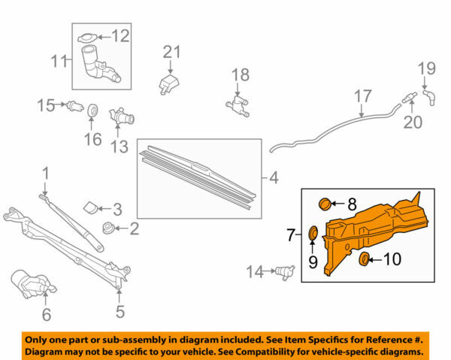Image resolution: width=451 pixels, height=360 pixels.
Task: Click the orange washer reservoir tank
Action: (376, 225)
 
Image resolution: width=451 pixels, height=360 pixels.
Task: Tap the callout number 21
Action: (173, 51)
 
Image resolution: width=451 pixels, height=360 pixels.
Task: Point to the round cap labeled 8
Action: (325, 202)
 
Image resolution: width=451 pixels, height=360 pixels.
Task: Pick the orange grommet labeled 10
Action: (365, 260)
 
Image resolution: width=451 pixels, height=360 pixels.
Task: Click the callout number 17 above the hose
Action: (363, 96)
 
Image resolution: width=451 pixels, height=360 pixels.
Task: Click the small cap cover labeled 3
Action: (89, 206)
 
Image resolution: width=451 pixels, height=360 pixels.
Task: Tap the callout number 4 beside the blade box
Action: (273, 178)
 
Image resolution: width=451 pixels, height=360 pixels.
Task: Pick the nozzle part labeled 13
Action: (121, 117)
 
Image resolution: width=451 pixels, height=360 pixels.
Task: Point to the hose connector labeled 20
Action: (410, 96)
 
